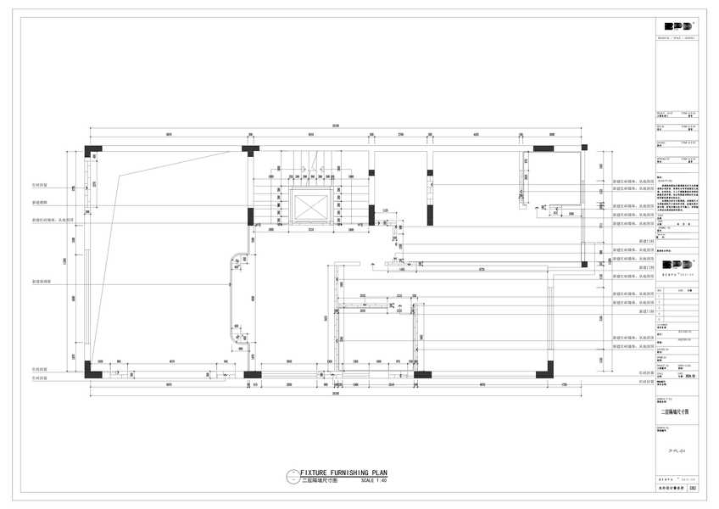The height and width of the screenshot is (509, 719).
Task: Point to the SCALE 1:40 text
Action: [373, 480]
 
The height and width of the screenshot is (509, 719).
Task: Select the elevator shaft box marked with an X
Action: [310, 207]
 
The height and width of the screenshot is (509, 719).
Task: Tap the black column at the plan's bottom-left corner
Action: [92, 372]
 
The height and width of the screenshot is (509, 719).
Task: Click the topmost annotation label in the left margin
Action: [41, 184]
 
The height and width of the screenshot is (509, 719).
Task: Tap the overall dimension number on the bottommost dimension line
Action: [336, 394]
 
